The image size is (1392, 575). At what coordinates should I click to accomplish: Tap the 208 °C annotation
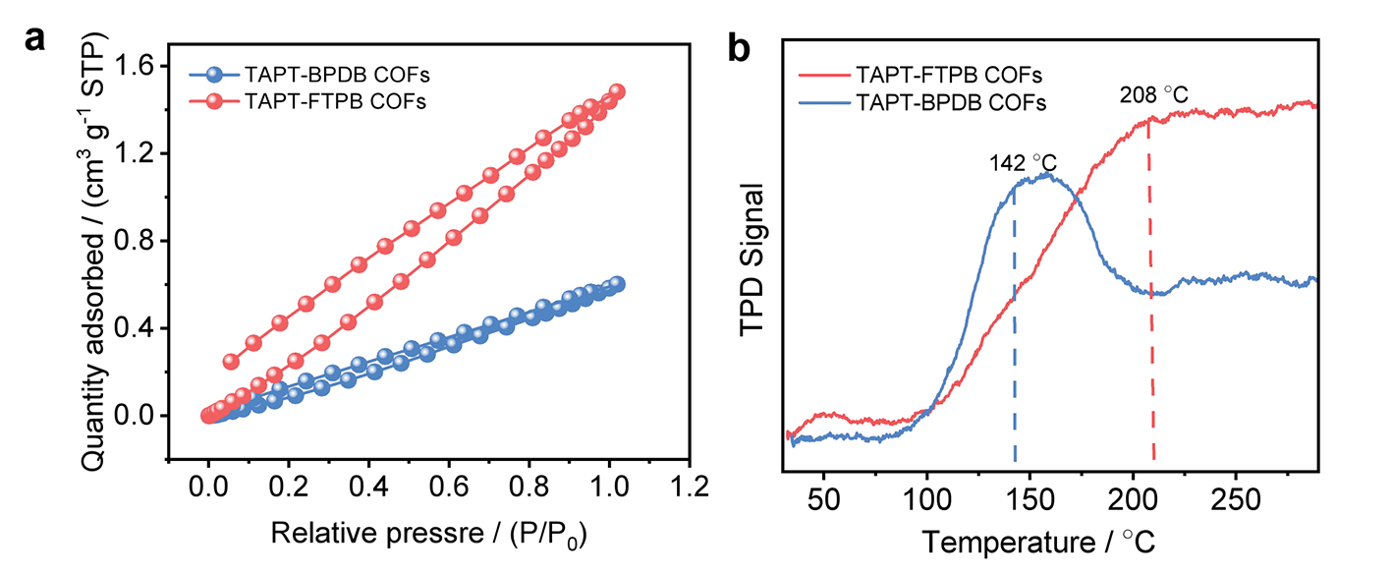[1154, 96]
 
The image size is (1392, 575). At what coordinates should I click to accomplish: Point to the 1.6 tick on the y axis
[134, 66]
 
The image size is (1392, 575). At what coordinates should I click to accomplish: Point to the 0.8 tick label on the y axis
[134, 241]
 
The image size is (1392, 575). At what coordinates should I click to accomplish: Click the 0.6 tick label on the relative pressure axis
[448, 487]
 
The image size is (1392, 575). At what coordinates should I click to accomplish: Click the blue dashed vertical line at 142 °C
[1014, 324]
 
